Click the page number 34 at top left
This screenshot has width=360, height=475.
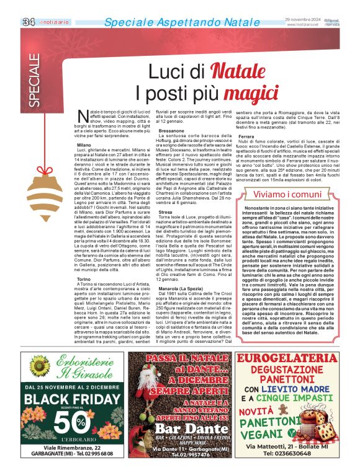(x=28, y=22)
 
